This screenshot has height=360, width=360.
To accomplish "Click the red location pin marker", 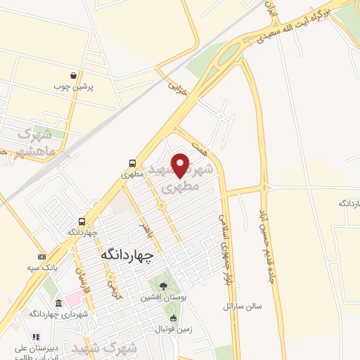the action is (181, 165).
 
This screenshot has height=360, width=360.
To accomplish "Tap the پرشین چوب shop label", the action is (73, 87).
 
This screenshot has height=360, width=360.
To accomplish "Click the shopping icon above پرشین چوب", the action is (74, 76).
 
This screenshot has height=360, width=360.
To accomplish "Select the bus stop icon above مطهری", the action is (133, 162).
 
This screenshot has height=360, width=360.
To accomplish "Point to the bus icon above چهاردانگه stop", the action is (82, 220).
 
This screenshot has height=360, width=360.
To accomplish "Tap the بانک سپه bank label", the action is (42, 268).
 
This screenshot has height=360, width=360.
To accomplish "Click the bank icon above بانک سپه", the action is (42, 257).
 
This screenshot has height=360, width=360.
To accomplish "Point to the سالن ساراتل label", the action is (243, 307).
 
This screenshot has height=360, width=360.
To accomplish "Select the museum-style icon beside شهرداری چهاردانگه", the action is (58, 303).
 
